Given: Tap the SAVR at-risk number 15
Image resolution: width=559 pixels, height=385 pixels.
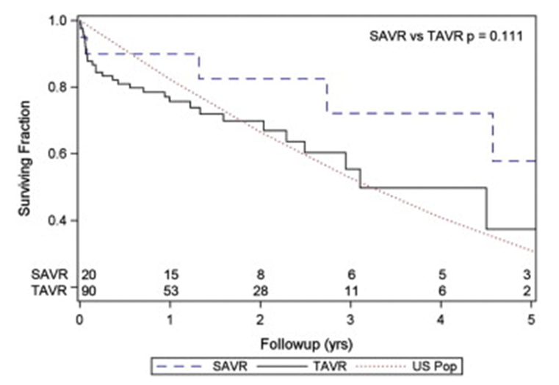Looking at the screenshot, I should coord(170,275).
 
